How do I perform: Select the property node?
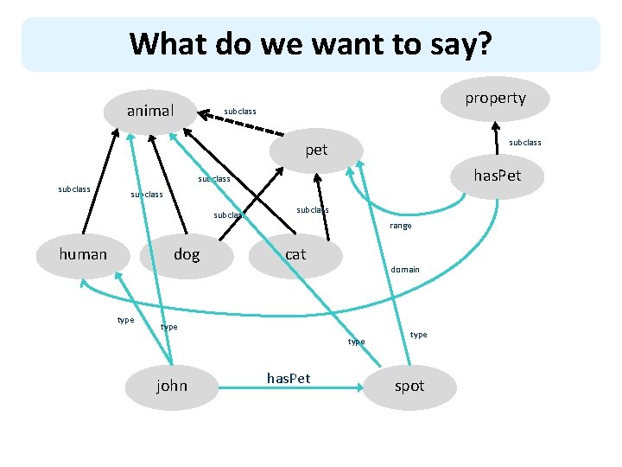click(x=495, y=98)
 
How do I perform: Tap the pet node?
click(x=316, y=150)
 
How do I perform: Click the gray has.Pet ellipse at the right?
click(x=496, y=176)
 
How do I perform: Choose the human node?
click(x=83, y=253)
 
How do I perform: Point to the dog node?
click(x=187, y=253)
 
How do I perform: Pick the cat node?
click(x=295, y=253)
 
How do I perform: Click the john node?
click(x=172, y=386)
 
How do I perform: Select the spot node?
click(x=409, y=386)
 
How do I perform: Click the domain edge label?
click(x=405, y=269)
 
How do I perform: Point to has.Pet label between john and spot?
click(x=289, y=379)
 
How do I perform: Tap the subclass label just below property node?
click(x=525, y=142)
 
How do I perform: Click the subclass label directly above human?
click(x=74, y=189)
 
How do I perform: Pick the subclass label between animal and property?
click(x=240, y=112)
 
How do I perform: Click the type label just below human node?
click(x=125, y=320)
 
